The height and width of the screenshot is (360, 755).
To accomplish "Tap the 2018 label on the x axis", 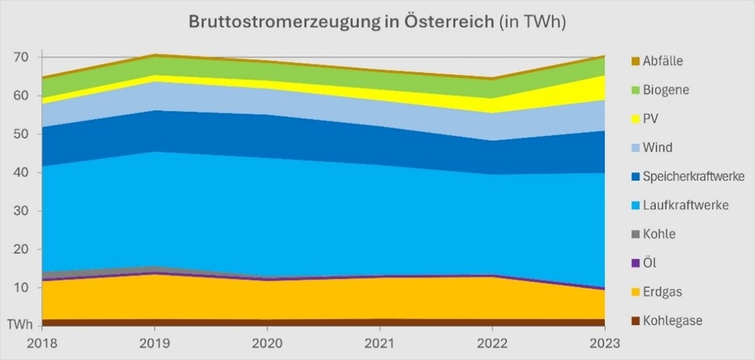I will [x=42, y=344].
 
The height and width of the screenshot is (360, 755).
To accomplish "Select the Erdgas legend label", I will [x=662, y=292].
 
